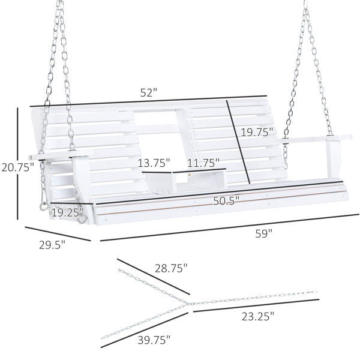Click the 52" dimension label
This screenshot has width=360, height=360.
click(149, 92)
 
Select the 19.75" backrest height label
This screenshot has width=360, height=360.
click(257, 133)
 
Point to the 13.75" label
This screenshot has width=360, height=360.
click(154, 163)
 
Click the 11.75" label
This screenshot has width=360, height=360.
click(203, 163)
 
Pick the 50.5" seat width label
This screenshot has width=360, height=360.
click(226, 201)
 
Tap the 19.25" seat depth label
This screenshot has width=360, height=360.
click(67, 212)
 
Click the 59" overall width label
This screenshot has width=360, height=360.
click(263, 234)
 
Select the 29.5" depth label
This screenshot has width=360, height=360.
click(52, 245)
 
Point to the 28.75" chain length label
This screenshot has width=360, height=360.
click(171, 268)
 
